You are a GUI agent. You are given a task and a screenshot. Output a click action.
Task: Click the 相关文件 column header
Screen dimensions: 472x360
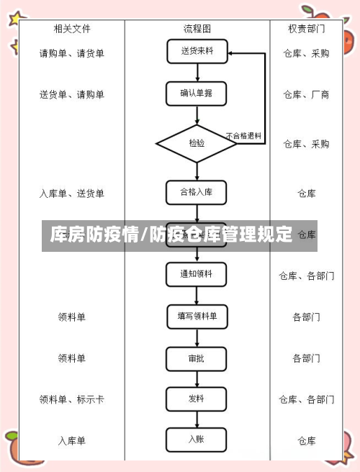(71, 29)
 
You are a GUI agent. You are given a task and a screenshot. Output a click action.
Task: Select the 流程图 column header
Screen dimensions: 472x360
(197, 29)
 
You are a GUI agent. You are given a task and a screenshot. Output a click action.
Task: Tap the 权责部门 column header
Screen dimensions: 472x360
(306, 29)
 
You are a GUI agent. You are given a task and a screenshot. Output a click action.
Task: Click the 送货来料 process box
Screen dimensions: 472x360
(197, 51)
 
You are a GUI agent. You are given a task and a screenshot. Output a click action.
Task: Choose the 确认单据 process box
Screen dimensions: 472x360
(197, 93)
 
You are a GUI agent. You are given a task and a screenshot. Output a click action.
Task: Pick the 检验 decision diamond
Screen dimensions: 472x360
(197, 143)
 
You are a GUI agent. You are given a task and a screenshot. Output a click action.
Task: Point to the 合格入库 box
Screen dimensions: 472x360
(197, 192)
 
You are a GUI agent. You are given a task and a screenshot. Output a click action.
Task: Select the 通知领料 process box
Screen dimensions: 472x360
(197, 274)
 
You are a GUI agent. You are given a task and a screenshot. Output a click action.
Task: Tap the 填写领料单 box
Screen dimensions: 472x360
(197, 316)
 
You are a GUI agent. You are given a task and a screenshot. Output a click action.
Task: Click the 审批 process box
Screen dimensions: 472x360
(197, 358)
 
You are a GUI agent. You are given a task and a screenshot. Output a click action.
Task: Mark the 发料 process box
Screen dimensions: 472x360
(197, 399)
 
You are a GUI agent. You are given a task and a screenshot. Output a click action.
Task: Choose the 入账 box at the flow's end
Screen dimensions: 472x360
(197, 439)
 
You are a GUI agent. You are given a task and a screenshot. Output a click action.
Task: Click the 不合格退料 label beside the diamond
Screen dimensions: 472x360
(243, 135)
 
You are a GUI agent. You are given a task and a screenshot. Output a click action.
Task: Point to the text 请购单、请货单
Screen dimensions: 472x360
(71, 53)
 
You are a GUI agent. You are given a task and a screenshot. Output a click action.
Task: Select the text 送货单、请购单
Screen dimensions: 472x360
(71, 94)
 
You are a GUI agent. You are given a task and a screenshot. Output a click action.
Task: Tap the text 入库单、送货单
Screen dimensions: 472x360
(71, 194)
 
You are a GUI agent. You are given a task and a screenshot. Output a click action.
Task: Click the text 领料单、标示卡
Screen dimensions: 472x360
(71, 399)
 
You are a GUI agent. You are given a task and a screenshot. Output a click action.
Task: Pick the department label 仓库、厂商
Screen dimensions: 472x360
(306, 94)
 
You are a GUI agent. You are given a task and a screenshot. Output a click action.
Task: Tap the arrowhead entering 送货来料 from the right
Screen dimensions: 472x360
(230, 53)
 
